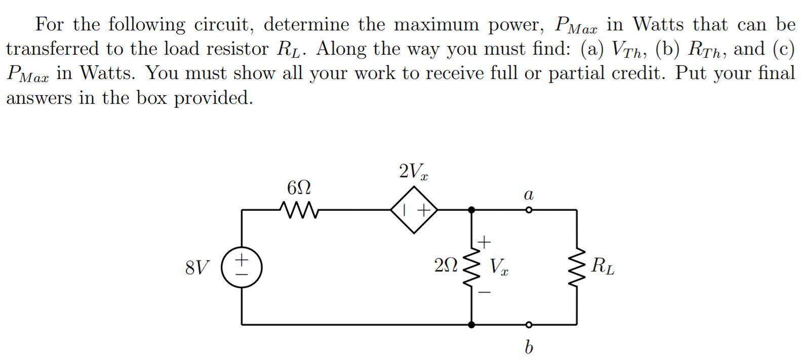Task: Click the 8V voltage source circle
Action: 241,267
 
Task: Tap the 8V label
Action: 197,267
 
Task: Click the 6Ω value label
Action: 299,188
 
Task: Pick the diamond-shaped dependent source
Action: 414,210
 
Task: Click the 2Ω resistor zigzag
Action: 471,267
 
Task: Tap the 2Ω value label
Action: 446,265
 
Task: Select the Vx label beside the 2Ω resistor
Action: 499,266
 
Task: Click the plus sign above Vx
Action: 485,243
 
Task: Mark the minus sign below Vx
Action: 485,293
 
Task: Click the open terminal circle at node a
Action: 528,210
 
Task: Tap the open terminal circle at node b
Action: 528,325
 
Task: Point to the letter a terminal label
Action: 529,195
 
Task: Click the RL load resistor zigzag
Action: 577,267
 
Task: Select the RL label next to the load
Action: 603,266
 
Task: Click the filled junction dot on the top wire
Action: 471,210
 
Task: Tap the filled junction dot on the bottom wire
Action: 471,325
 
